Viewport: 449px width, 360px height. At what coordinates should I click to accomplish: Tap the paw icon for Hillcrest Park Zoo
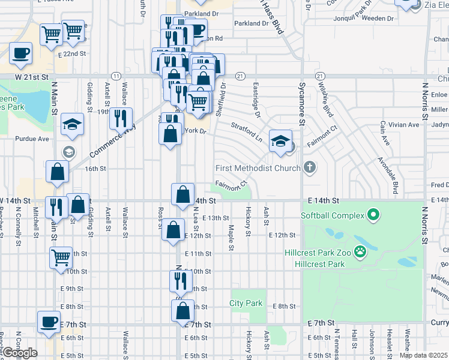pyautogui.click(x=361, y=252)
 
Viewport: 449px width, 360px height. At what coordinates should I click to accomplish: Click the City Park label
pyautogui.click(x=246, y=303)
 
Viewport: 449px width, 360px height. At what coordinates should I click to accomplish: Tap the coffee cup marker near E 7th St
pyautogui.click(x=49, y=321)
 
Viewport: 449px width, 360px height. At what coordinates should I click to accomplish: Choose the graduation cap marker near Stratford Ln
pyautogui.click(x=280, y=140)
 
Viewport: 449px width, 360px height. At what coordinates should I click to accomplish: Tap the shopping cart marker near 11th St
pyautogui.click(x=61, y=257)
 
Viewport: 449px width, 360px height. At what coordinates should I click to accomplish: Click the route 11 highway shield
pyautogui.click(x=116, y=76)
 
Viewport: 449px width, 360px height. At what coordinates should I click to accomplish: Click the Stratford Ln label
pyautogui.click(x=247, y=131)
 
